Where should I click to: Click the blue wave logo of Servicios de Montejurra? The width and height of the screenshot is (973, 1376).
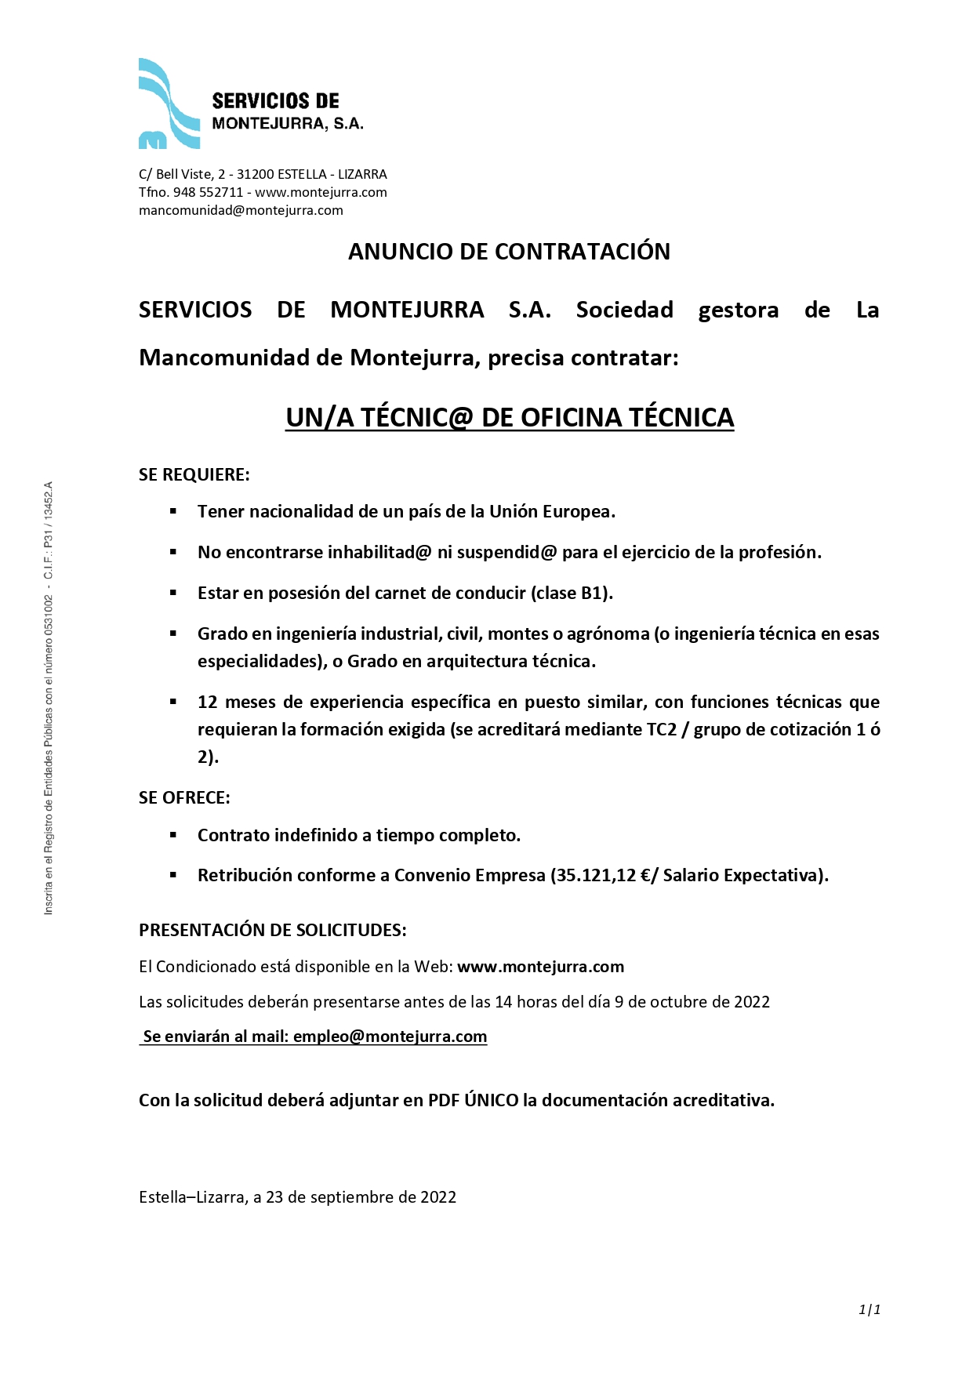point(169,103)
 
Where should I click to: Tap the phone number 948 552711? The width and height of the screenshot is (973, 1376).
point(208,192)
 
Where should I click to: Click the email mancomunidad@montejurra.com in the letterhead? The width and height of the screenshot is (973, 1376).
point(241,210)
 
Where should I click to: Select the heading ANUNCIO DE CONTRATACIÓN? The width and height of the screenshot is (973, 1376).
point(509,252)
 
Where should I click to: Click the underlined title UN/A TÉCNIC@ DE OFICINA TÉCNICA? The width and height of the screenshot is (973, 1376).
point(510,417)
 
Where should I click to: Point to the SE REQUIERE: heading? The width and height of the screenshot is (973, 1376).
point(194,474)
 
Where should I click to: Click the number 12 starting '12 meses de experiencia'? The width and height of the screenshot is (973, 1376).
point(207,702)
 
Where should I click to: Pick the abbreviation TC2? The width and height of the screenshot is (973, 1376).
point(661,729)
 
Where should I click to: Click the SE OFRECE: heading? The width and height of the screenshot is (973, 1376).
point(184,797)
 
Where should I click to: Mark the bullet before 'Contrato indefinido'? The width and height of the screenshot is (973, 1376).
point(173,835)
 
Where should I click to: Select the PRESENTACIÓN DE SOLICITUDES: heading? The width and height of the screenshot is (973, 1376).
point(272,930)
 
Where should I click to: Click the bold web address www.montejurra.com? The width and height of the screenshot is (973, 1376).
point(540,967)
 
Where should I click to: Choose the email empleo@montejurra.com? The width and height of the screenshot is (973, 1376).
point(390,1037)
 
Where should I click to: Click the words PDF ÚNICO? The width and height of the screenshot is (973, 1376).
point(473,1100)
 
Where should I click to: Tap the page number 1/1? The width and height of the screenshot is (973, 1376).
point(870,1309)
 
